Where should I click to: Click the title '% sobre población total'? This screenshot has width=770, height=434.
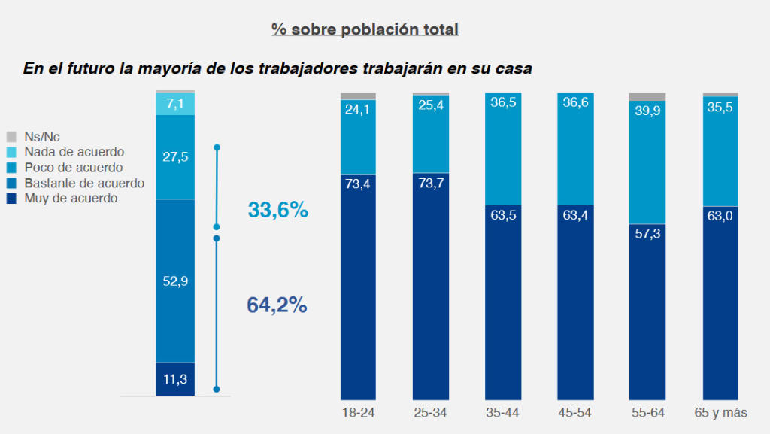pos(365,30)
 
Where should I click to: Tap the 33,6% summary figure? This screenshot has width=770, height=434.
pos(277,211)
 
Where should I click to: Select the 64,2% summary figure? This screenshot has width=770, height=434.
pos(277,305)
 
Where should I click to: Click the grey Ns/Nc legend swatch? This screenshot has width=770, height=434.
pos(11,137)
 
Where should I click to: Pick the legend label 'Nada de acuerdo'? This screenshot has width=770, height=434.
pos(74,152)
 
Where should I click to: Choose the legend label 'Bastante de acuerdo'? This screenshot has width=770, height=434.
pos(84,183)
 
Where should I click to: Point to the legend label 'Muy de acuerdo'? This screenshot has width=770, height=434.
pos(71,199)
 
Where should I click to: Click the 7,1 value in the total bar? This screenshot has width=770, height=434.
pos(175,104)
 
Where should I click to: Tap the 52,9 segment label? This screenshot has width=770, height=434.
pos(175,281)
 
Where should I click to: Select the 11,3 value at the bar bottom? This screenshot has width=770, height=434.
pos(175,379)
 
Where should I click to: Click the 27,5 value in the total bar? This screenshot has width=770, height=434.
pos(175,156)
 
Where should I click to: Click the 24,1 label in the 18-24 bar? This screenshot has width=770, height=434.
pos(358,109)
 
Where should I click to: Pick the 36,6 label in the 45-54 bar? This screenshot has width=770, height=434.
pos(574,103)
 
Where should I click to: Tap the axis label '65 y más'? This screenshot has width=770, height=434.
pos(720,412)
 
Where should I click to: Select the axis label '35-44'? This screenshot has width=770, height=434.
pos(502,412)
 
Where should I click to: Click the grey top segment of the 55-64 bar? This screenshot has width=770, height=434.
pos(647,96)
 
